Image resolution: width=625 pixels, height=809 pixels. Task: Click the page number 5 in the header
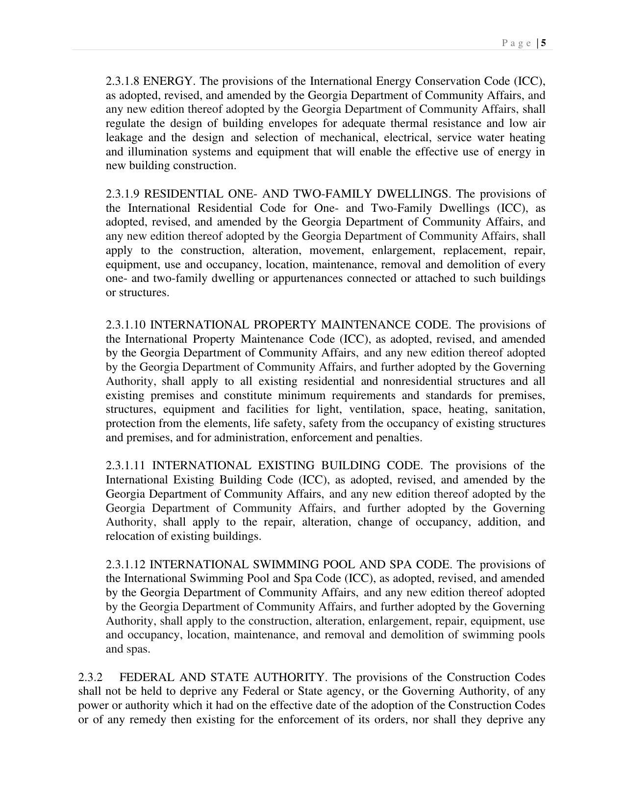544,43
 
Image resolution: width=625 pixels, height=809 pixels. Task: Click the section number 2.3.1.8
123,81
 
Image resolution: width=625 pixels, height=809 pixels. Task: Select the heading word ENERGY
169,81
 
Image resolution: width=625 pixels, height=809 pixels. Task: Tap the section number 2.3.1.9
123,194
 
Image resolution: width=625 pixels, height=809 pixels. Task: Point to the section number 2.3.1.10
126,325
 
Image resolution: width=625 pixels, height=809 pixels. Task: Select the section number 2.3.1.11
126,465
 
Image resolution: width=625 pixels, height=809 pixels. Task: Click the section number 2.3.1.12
126,564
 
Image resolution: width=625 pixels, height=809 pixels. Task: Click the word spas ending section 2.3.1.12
138,649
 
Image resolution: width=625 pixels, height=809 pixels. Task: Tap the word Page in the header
517,43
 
